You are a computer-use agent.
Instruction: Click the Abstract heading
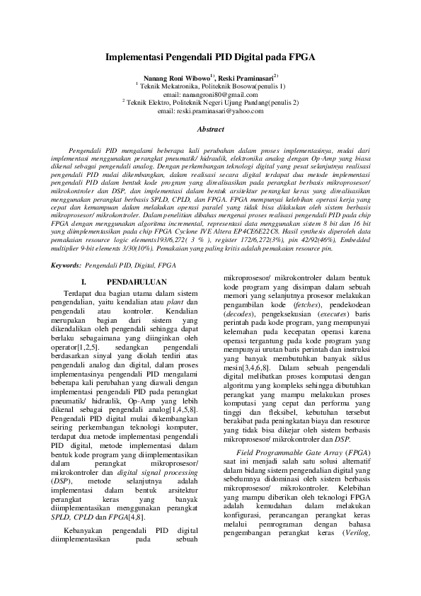[x=210, y=130]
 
